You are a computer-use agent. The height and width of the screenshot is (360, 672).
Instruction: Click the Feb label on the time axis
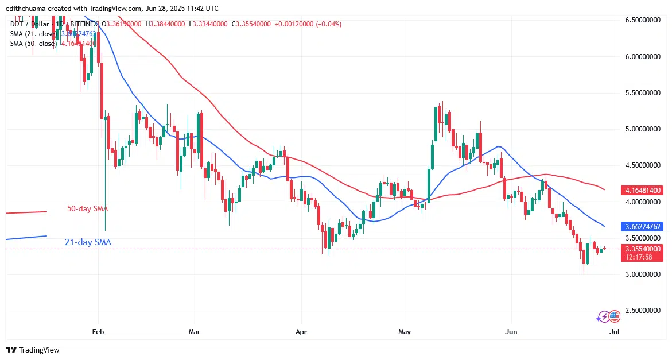pos(98,331)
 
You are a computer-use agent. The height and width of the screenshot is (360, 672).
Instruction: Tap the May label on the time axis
pos(405,331)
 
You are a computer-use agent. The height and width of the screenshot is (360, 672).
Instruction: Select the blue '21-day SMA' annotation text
pos(87,242)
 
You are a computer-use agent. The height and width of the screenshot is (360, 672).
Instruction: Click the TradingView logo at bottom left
pos(33,350)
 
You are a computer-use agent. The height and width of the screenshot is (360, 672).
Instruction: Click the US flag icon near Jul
pos(615,316)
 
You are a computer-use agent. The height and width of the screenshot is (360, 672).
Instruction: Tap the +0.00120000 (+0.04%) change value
pos(308,24)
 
